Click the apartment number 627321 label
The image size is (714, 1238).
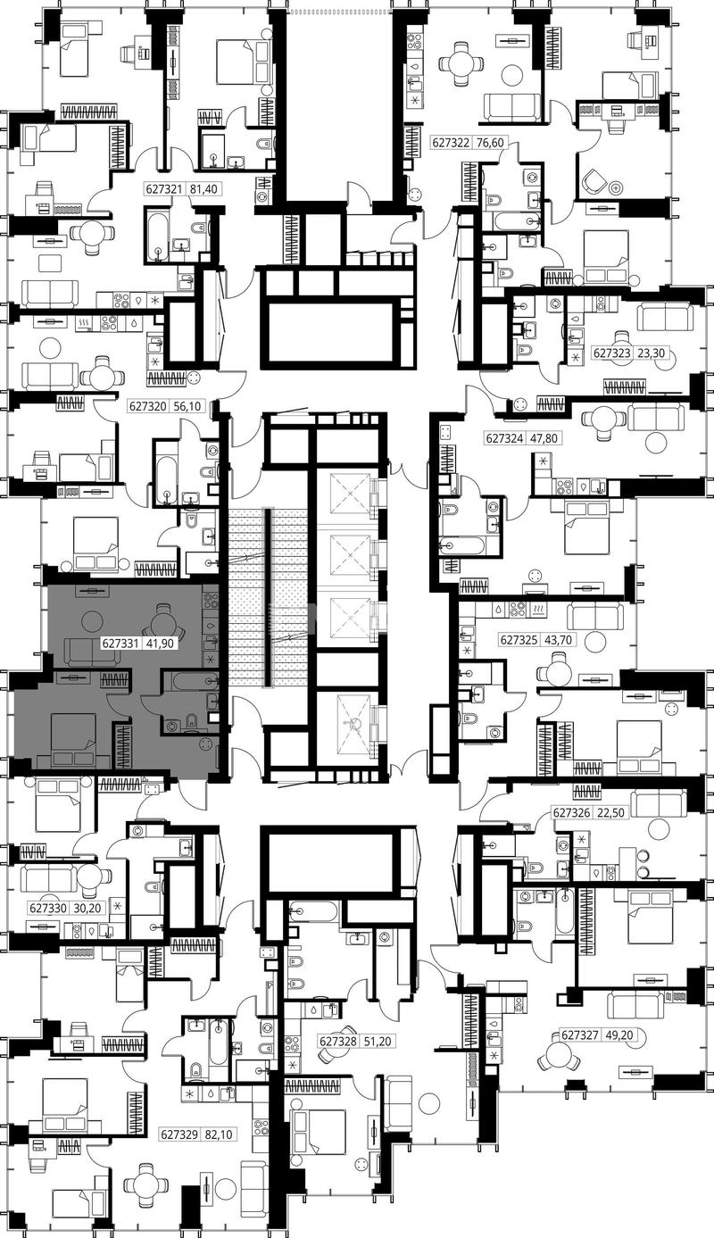tap(164, 189)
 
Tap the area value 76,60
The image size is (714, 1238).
tap(490, 143)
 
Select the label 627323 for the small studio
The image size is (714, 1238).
tap(611, 353)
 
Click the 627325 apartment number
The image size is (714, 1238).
tap(519, 640)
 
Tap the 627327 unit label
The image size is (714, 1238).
tap(580, 1034)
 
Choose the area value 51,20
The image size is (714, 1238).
tap(378, 1042)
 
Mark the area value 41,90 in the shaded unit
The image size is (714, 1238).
tap(162, 644)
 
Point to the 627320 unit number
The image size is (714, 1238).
tap(148, 406)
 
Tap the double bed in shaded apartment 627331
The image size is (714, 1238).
tap(73, 739)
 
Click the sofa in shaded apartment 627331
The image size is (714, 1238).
tap(92, 652)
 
